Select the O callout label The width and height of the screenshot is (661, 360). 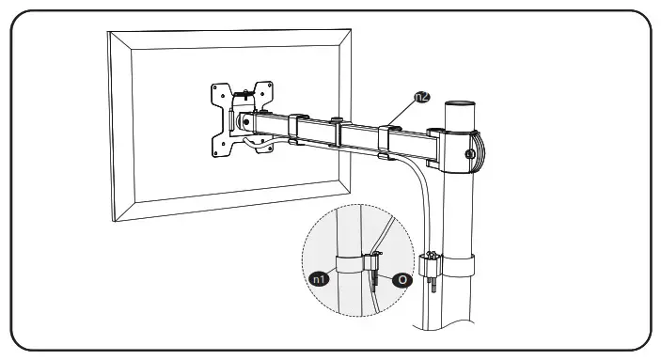[402, 279]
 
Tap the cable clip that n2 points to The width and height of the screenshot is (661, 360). [387, 136]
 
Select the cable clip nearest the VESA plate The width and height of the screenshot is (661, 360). [294, 129]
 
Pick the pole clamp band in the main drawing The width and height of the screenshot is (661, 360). [459, 263]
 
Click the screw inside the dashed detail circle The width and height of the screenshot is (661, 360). [375, 270]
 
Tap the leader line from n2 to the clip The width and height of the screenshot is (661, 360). [404, 109]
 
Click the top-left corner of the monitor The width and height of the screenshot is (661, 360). [110, 33]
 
